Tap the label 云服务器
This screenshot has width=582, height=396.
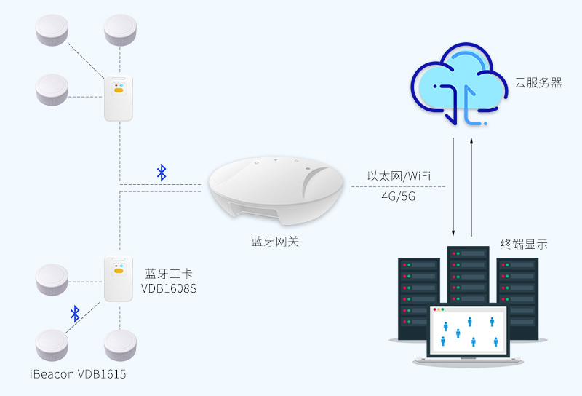pos(538,83)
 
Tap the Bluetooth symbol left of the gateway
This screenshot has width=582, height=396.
pos(162,173)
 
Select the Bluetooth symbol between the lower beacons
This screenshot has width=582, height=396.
pos(74,314)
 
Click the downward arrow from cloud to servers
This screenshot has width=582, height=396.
pos(454,186)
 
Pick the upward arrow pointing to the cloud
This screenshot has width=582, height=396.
pos(473,186)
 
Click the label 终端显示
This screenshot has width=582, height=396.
pos(524,245)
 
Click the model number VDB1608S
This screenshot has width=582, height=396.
pos(169,289)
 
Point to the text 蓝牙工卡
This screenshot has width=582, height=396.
pos(169,274)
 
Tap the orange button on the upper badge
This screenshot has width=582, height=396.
pos(118,92)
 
